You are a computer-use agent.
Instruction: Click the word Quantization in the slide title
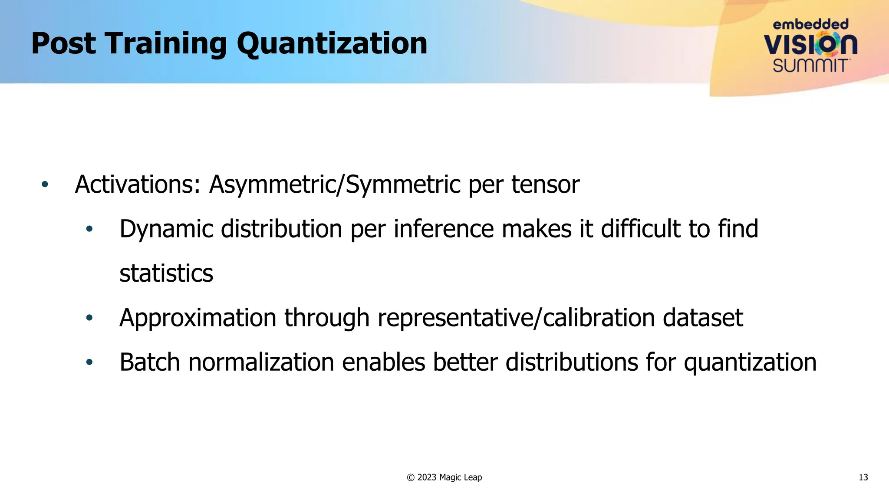(x=332, y=44)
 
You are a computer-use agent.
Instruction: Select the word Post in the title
(x=63, y=44)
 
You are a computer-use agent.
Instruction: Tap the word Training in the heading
(x=166, y=44)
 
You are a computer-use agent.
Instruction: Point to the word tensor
(x=545, y=184)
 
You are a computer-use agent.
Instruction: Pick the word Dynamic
(x=166, y=229)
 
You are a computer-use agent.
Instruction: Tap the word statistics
(x=166, y=273)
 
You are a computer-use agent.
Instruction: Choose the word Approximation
(x=198, y=318)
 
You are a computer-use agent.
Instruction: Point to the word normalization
(x=261, y=362)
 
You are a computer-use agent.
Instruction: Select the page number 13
(x=863, y=477)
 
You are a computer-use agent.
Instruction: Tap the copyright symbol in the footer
(x=411, y=477)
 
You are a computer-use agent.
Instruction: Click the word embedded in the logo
(x=810, y=24)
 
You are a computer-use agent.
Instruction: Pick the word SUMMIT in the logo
(x=810, y=66)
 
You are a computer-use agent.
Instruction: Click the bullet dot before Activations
(x=45, y=184)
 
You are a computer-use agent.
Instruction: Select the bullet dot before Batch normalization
(x=89, y=362)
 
